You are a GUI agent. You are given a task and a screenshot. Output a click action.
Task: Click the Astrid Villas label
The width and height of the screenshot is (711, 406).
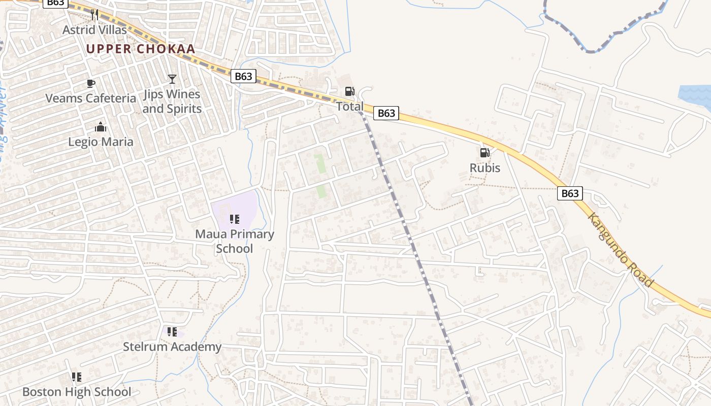[94, 30]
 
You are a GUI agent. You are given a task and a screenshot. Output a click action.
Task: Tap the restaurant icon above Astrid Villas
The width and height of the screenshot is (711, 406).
[94, 14]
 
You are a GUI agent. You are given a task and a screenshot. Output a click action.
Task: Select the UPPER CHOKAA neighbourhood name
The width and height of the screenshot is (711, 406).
[141, 49]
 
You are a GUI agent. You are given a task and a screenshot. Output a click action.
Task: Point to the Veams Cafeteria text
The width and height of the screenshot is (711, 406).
[91, 98]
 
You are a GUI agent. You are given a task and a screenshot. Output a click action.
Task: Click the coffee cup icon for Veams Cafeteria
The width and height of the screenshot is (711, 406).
[91, 83]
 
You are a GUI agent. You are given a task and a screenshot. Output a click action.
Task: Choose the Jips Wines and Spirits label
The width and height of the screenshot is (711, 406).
[172, 101]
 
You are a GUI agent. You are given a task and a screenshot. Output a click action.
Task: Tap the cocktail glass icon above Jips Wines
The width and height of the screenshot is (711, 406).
[172, 79]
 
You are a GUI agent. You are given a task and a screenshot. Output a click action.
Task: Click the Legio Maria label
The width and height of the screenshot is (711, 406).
[101, 142]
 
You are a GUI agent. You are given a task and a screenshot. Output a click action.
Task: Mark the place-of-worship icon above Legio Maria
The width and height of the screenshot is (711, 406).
[101, 126]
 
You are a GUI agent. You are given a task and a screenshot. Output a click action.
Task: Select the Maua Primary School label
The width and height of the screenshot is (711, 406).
[235, 241]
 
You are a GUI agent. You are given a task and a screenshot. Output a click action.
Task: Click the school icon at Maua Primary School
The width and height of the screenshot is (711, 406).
[234, 219]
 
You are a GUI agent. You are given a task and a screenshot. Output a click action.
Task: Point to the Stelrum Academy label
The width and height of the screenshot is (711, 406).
[172, 347]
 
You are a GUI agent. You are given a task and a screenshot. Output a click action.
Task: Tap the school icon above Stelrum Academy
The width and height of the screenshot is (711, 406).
[172, 332]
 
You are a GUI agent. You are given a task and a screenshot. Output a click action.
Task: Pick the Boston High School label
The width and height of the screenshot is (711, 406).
[77, 392]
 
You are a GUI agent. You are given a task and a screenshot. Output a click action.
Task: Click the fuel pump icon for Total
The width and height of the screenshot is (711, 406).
[350, 91]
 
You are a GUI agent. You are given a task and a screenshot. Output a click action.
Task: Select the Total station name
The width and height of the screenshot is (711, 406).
[350, 107]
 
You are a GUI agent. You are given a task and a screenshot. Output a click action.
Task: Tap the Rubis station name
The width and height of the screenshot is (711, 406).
[485, 168]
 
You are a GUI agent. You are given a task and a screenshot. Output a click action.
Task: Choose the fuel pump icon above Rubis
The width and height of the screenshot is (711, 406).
[485, 153]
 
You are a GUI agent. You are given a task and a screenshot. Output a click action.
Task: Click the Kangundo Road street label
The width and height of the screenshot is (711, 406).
[620, 249]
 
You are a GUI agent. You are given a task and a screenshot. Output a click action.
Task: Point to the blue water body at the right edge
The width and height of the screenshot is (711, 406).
[697, 96]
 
